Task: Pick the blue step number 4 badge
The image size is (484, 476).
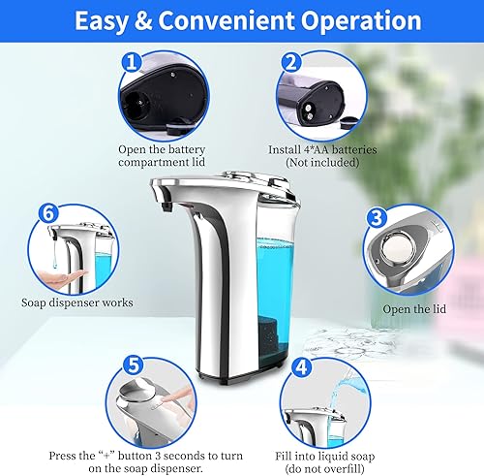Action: (302, 367)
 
